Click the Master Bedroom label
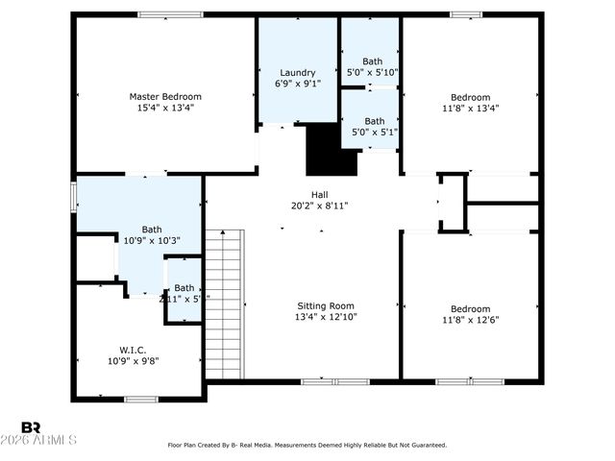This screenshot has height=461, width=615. tap(165, 96)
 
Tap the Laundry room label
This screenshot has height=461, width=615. tap(298, 73)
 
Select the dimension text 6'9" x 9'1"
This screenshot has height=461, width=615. tap(298, 84)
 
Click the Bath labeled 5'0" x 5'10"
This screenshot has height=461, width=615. tap(372, 61)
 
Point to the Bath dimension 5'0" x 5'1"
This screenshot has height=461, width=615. tap(372, 132)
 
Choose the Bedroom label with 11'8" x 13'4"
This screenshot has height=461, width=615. tap(471, 97)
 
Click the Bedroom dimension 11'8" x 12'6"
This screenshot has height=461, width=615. tap(471, 320)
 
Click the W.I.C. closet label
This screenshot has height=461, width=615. tap(133, 350)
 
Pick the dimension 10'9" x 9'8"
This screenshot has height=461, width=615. tap(133, 361)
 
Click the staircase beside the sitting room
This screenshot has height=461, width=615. tap(225, 305)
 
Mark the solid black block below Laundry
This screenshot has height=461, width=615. tap(330, 152)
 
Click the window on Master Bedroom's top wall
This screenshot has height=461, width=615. tap(169, 14)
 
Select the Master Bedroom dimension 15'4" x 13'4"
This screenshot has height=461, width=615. tap(165, 108)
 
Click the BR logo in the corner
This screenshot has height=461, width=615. tap(31, 426)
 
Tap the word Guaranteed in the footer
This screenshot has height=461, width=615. tap(426, 445)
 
